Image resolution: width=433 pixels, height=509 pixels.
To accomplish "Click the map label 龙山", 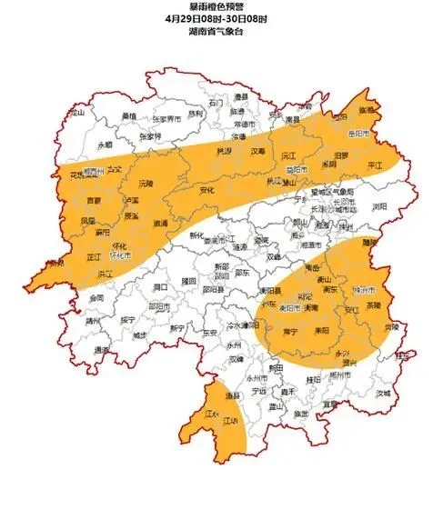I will (76, 112).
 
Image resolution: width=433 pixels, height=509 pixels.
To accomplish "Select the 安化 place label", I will (207, 190).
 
